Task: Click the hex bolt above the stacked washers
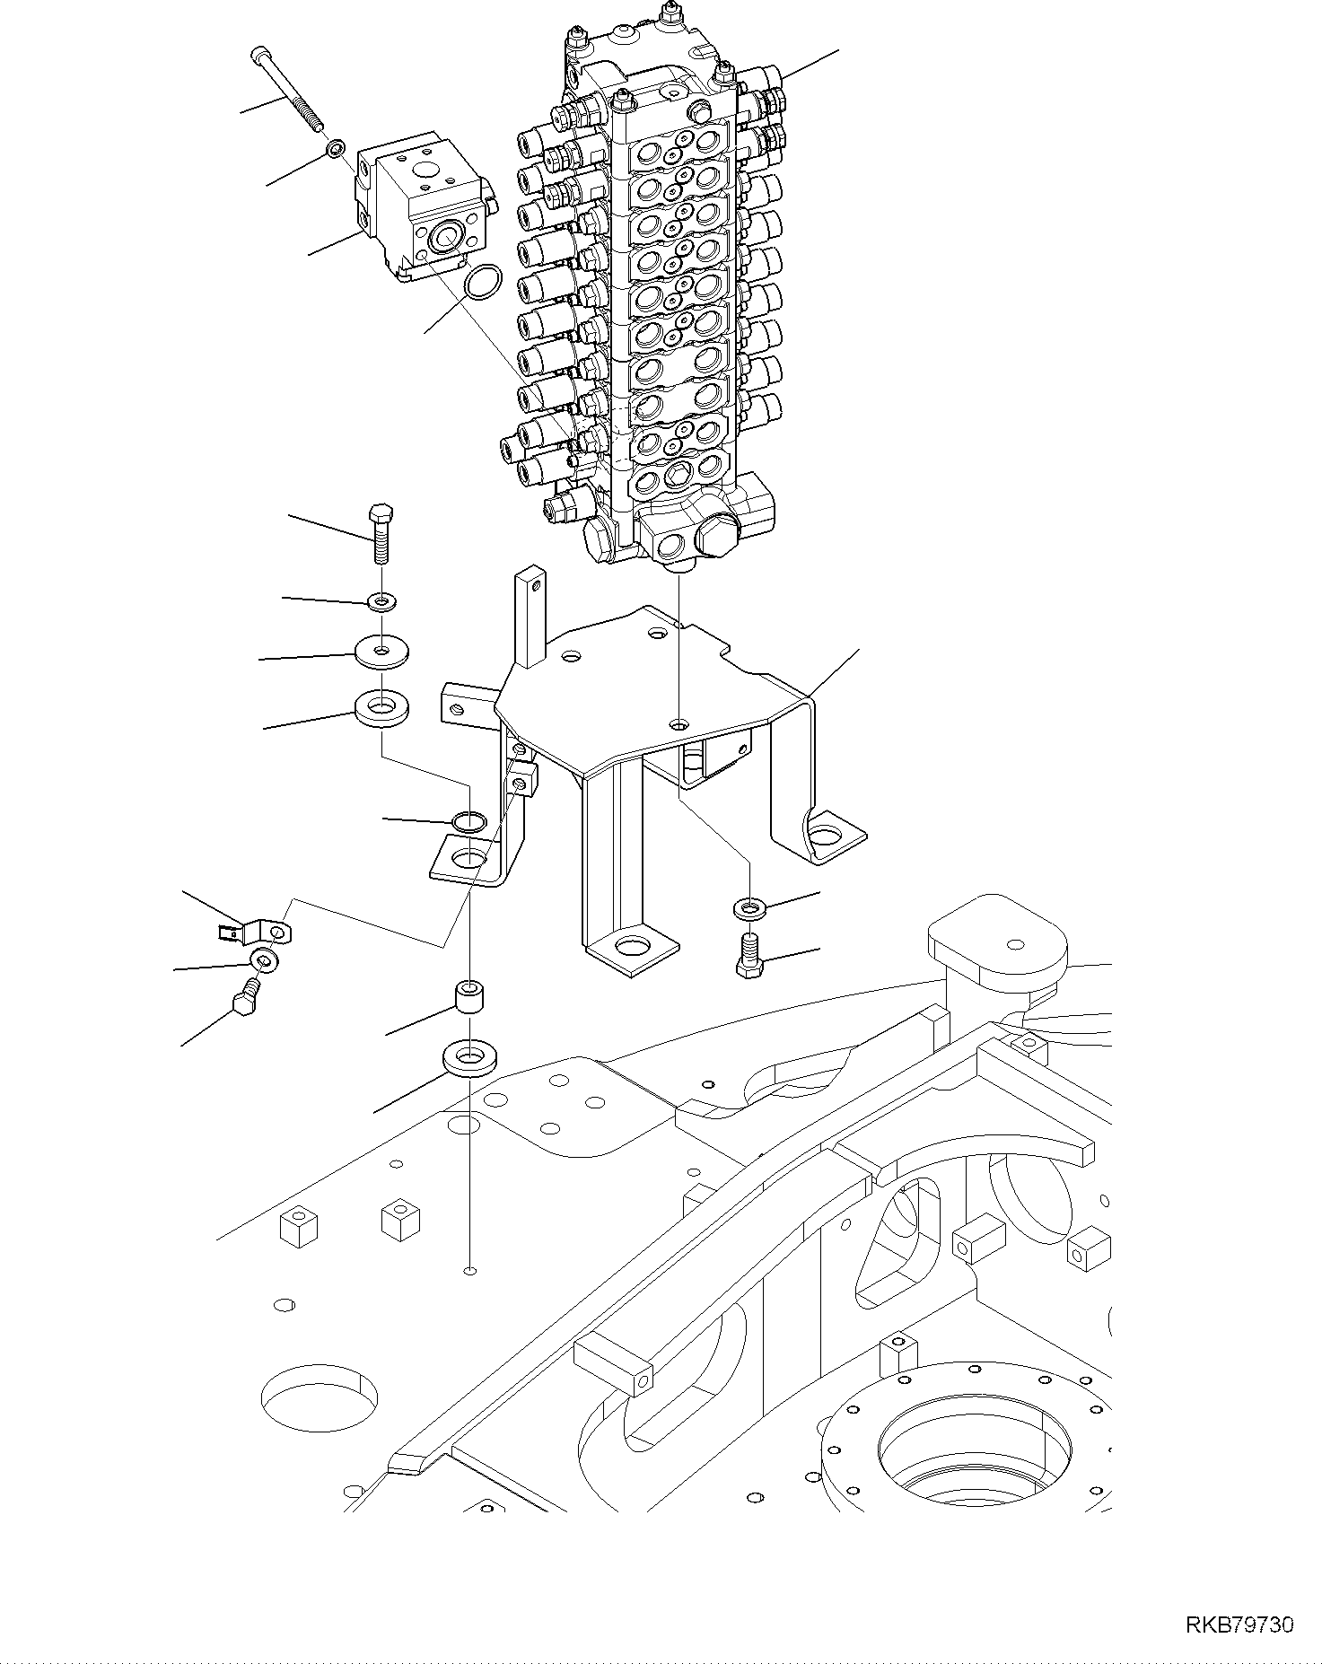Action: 380,534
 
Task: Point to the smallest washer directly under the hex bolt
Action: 383,600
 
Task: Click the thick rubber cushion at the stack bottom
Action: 383,706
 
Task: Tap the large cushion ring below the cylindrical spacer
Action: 470,1058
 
